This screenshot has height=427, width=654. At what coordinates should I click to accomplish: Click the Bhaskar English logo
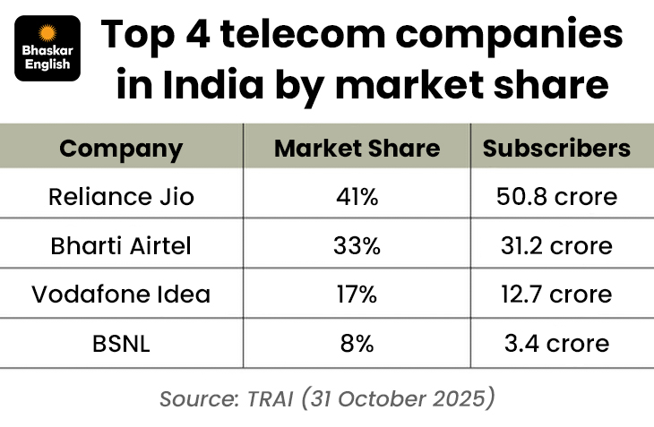click(47, 48)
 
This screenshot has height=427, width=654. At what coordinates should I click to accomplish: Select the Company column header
click(121, 148)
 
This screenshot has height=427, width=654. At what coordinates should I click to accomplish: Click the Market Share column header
click(357, 148)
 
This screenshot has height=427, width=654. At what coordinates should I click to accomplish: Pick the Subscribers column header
click(555, 148)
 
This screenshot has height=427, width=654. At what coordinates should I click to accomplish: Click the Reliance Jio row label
click(121, 197)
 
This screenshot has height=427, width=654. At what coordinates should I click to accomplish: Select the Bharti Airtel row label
click(121, 245)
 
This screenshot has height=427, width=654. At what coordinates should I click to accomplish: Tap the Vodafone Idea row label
click(121, 294)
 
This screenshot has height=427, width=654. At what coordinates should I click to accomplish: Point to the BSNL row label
click(121, 342)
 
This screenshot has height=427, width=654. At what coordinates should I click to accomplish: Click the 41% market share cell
click(357, 197)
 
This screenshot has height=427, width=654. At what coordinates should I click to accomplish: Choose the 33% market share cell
click(357, 245)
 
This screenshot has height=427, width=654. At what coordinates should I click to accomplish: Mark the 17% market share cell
click(357, 294)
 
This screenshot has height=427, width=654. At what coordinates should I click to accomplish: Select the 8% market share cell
click(357, 342)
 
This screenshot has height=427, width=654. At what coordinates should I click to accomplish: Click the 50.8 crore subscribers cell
click(555, 197)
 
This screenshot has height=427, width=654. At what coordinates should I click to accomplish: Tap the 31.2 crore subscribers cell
click(555, 245)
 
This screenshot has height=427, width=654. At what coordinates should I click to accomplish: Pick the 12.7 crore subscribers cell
click(555, 294)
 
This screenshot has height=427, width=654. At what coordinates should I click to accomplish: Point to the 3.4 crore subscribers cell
click(555, 342)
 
